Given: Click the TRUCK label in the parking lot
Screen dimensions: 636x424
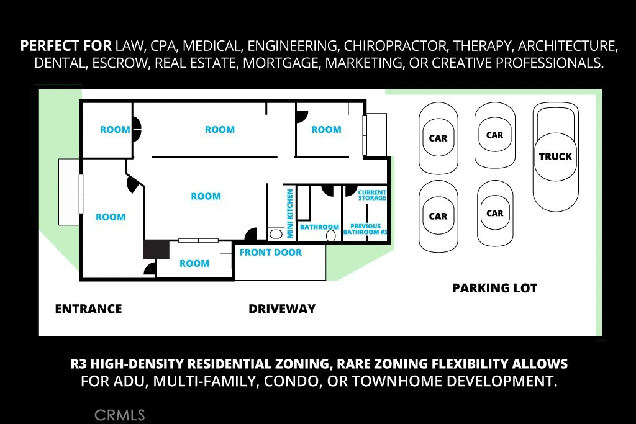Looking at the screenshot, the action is click(x=555, y=156).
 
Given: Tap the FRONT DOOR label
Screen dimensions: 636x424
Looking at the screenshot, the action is click(x=271, y=253).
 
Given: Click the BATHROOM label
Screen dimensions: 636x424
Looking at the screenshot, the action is click(x=319, y=227).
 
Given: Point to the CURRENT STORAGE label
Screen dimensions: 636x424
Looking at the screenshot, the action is click(x=372, y=195).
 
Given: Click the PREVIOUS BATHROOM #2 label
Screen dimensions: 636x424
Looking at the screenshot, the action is click(x=365, y=229).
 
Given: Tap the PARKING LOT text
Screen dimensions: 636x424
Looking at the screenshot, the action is click(x=495, y=288).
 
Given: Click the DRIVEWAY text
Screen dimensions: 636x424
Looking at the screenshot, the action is click(x=282, y=309).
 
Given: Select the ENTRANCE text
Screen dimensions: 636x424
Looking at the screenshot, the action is click(x=88, y=309).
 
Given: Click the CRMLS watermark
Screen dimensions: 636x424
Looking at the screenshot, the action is click(x=120, y=415).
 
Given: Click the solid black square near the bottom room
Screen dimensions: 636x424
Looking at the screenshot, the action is click(x=156, y=250).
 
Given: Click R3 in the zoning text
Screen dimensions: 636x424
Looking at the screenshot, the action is click(x=78, y=364).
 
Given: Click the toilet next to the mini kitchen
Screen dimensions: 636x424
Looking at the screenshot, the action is click(x=276, y=234).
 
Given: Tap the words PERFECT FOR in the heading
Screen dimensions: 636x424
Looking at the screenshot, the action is click(x=66, y=46).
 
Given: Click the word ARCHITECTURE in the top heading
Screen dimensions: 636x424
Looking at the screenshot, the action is click(x=568, y=46).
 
